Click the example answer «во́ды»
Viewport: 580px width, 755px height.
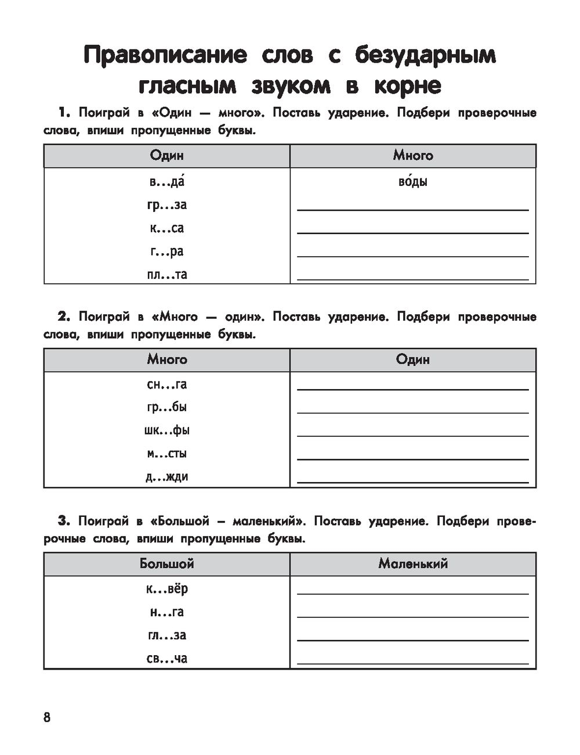[413, 182]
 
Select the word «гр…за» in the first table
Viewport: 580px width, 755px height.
[167, 205]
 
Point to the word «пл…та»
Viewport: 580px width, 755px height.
[167, 275]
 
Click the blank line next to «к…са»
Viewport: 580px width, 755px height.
[412, 232]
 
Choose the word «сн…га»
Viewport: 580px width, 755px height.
[167, 384]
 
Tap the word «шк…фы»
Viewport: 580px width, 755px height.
[167, 430]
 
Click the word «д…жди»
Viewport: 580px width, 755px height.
[167, 477]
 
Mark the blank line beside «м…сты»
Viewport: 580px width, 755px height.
[412, 458]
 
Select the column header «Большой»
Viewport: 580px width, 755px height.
[167, 564]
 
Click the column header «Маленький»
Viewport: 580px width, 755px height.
[413, 564]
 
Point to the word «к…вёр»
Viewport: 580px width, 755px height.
[167, 589]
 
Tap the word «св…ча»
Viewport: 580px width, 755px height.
[167, 659]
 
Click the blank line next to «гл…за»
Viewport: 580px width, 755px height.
[412, 639]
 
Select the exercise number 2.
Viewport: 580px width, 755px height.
[64, 317]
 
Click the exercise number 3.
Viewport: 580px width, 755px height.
[64, 522]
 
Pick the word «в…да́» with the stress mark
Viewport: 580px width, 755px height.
[167, 182]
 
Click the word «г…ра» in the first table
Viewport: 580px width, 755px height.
[167, 251]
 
